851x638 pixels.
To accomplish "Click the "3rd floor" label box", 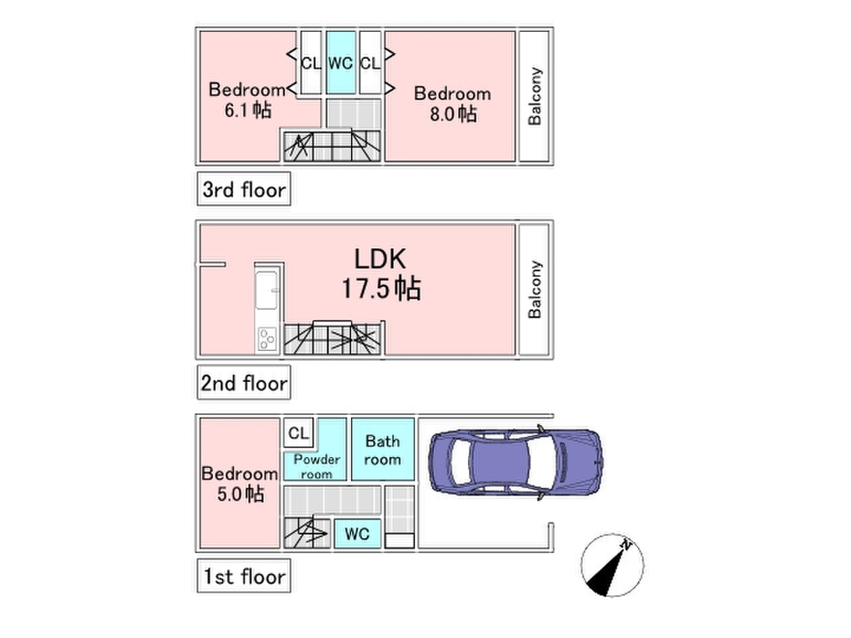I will click(x=243, y=190).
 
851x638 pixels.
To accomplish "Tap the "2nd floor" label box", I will click(x=243, y=383).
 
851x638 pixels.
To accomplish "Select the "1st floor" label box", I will click(x=242, y=575).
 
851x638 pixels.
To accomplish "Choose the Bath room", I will click(x=383, y=450).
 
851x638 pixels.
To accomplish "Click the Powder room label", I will click(x=317, y=466).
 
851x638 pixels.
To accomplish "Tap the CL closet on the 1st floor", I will click(x=298, y=433).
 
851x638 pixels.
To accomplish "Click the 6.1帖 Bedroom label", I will click(x=246, y=100).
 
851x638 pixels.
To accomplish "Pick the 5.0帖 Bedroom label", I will click(x=239, y=483).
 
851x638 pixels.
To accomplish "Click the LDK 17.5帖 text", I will click(x=381, y=274).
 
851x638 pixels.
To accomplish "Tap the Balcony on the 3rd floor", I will click(x=534, y=96).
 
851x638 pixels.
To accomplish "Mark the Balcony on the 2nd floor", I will click(x=534, y=289).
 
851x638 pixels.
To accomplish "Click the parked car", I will click(x=514, y=463).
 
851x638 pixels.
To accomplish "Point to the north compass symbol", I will click(x=612, y=565).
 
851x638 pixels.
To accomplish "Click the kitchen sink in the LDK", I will click(x=266, y=292).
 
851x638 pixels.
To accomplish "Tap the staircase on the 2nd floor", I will click(x=334, y=340).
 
